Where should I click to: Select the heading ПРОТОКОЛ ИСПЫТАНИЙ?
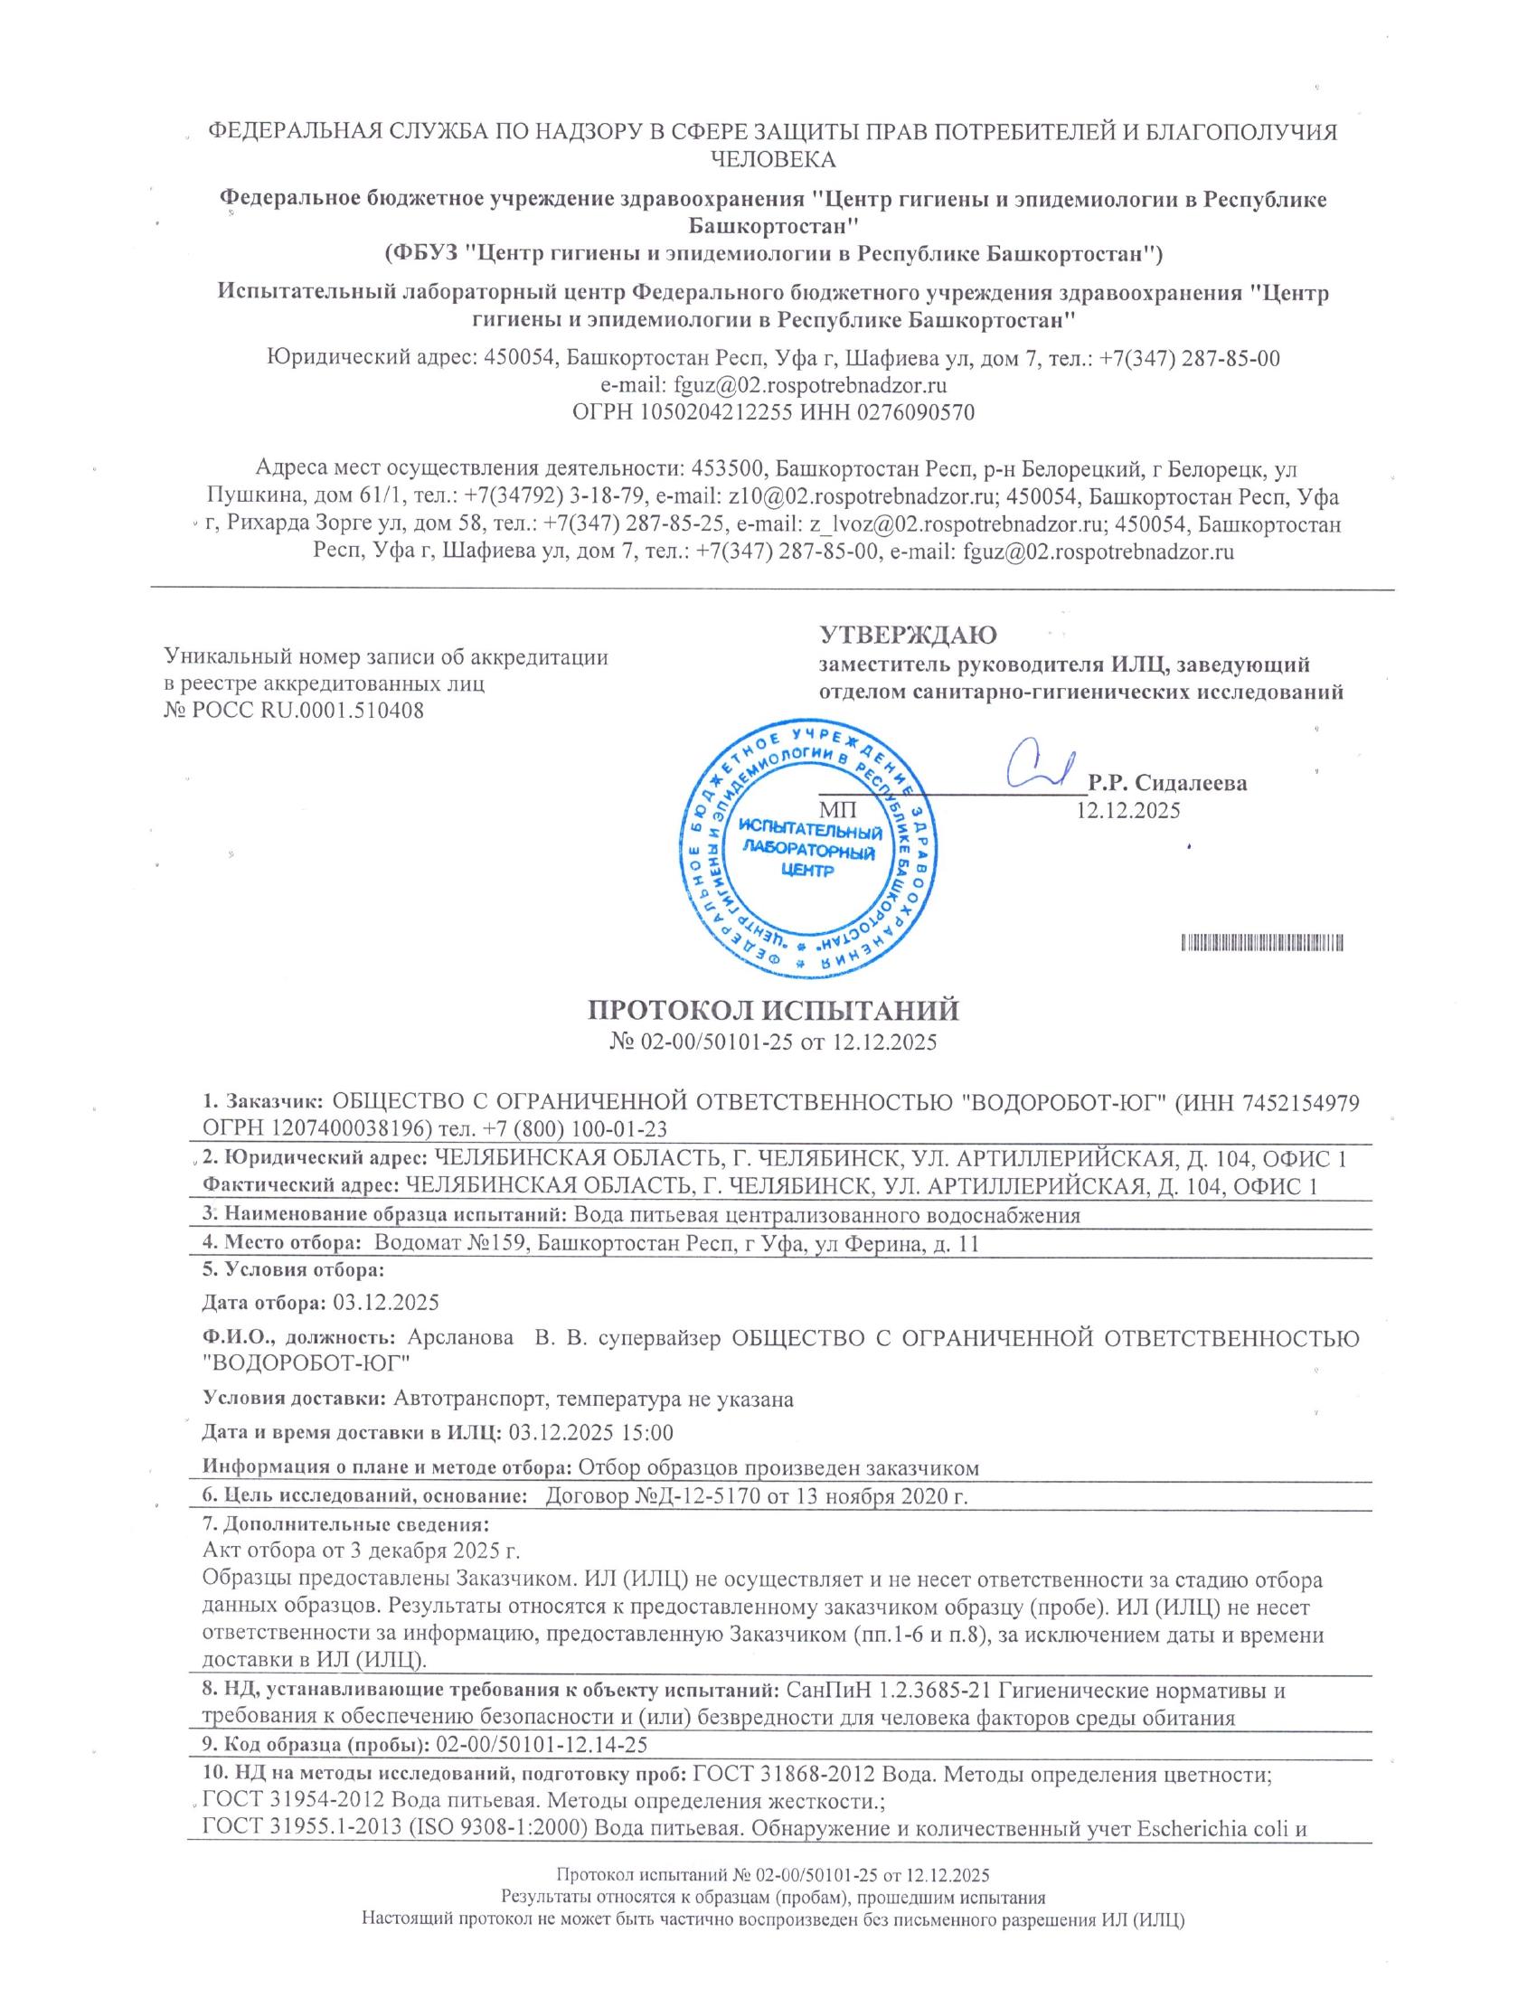[773, 1011]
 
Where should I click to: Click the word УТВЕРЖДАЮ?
[908, 634]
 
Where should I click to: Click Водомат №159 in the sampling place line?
[450, 1244]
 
